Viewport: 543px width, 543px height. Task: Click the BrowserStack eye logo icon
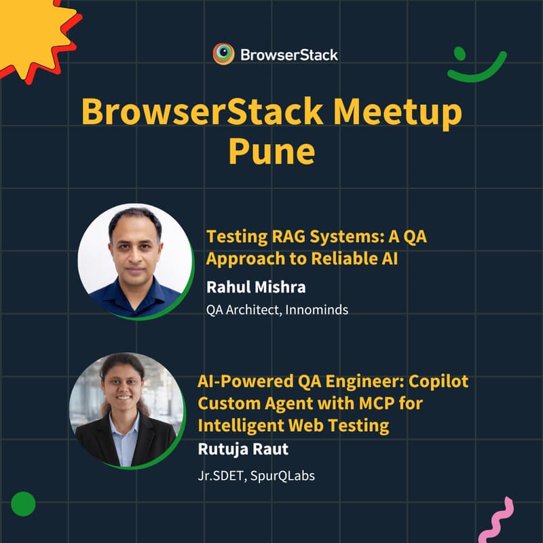(223, 54)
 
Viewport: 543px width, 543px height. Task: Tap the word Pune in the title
(271, 151)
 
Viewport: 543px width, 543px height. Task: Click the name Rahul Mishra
(256, 287)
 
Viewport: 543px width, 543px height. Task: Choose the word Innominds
(317, 310)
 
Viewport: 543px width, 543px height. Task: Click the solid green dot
(23, 504)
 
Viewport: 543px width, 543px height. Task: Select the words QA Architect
(236, 310)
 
